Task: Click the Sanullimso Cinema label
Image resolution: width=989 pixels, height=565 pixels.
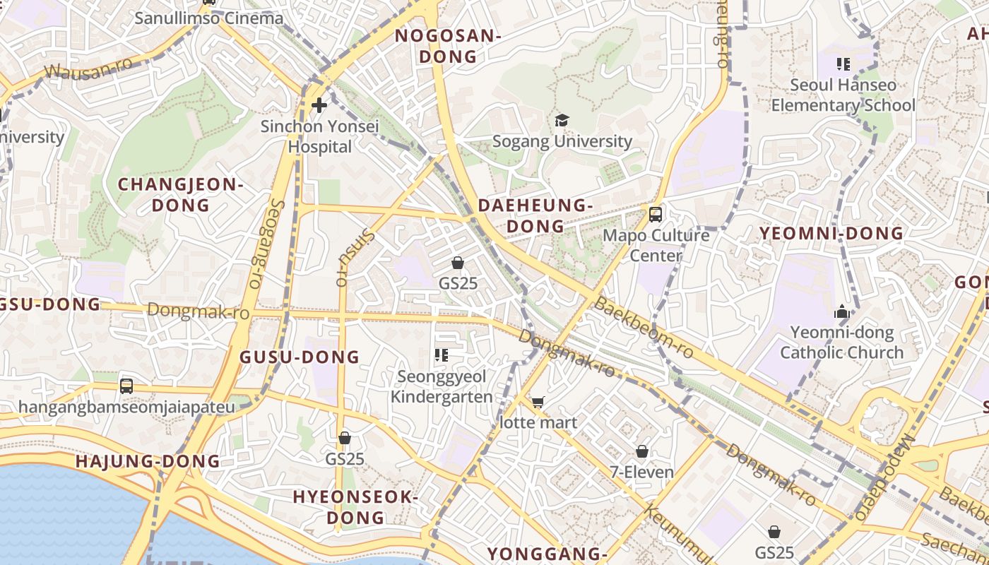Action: [208, 18]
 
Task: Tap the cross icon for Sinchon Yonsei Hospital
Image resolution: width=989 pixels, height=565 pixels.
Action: [319, 106]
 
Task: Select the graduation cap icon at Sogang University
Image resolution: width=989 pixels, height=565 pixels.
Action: [562, 121]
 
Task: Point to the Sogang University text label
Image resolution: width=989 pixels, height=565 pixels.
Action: [562, 141]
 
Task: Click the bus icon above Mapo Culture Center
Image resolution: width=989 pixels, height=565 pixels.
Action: [656, 214]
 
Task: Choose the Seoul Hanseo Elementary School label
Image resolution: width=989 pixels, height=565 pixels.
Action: [843, 95]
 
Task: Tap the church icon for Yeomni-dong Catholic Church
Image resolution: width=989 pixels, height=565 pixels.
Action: [841, 311]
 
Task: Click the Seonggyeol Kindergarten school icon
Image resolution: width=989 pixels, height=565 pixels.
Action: [442, 355]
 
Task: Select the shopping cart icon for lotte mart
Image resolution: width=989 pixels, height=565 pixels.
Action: [538, 403]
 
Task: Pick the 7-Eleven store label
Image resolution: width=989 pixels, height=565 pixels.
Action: [642, 472]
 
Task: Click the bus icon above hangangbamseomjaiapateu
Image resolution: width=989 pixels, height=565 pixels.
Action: [126, 386]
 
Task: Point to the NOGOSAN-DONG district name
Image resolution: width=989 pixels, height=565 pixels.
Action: [448, 47]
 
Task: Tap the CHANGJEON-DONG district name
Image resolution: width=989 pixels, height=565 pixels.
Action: [180, 195]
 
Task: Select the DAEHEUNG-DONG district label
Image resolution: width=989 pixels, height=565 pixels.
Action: [535, 215]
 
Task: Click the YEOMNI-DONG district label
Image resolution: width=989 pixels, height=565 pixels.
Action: [831, 233]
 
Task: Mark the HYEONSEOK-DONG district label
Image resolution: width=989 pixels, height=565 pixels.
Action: [355, 507]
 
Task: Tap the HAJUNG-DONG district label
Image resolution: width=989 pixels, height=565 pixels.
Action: [148, 462]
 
